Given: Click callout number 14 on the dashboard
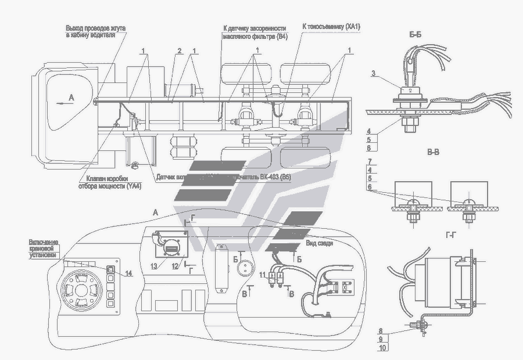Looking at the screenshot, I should coord(128,273).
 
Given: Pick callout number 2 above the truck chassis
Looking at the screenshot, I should coord(180,51).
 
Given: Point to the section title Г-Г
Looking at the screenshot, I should coord(449,236).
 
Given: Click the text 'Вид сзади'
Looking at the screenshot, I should coord(319,243).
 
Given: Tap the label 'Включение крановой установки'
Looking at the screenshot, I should coord(45,248).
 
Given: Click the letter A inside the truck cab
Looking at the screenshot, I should coord(71,99).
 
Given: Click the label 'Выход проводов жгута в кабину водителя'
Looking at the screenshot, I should coord(95,31).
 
